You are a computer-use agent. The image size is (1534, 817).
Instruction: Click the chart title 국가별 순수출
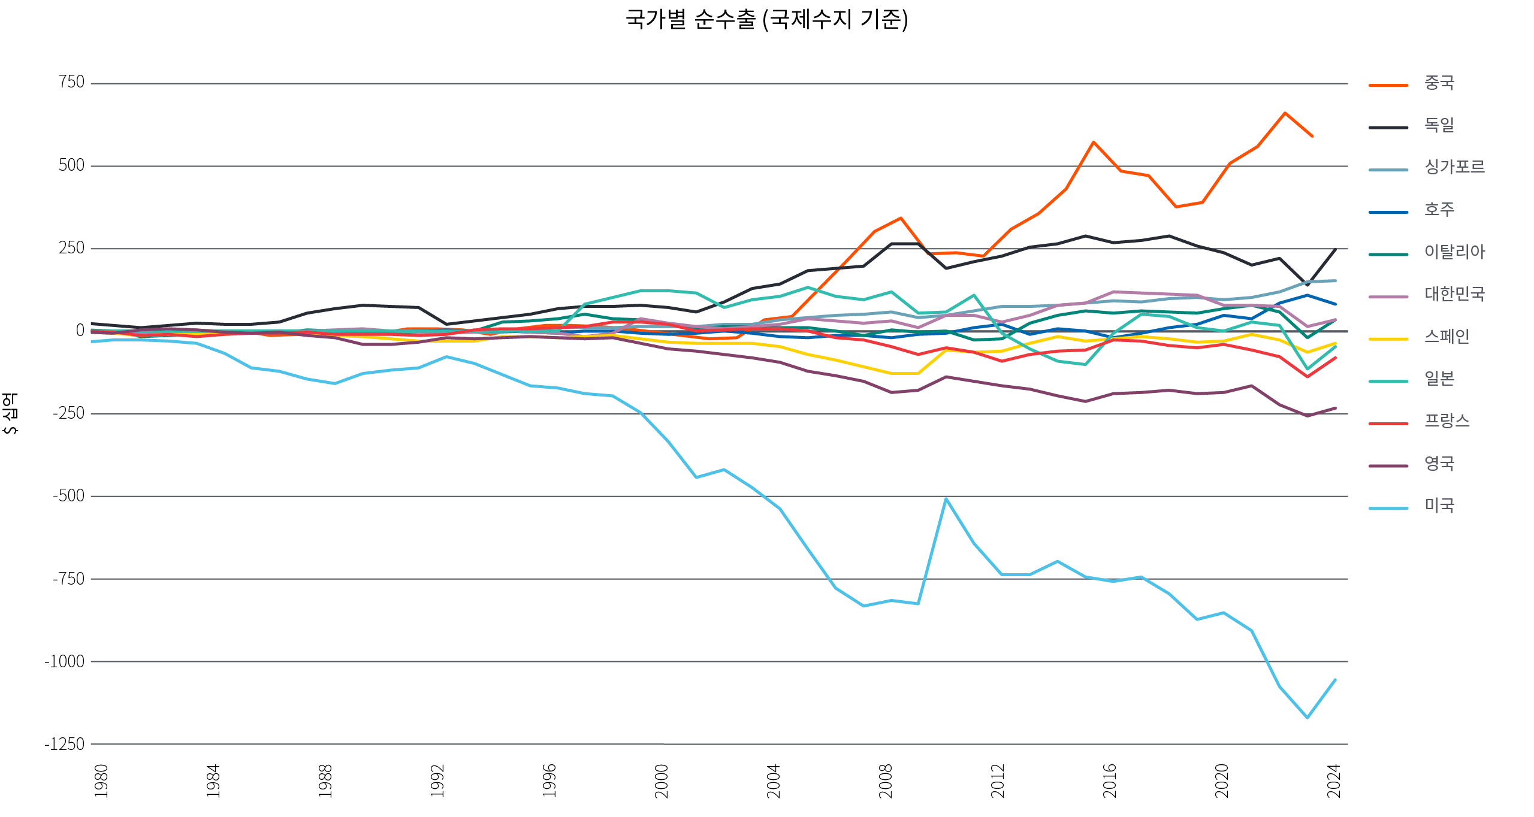[766, 19]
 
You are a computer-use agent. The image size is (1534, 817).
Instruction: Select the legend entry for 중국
[1439, 83]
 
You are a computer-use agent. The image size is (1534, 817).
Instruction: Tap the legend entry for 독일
[1439, 125]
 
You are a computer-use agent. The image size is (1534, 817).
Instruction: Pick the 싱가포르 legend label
[1454, 167]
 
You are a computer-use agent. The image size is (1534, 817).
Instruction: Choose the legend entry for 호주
[1439, 210]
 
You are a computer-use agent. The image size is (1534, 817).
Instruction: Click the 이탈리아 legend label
[1454, 252]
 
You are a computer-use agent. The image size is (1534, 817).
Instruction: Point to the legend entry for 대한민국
[1454, 294]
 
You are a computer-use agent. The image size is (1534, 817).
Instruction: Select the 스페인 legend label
[1447, 337]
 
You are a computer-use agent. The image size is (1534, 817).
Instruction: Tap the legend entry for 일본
[1439, 379]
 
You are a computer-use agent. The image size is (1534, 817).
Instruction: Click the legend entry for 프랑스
[1447, 421]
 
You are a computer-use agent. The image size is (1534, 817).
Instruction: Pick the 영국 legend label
[1439, 464]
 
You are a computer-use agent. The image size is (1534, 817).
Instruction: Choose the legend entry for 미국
[1439, 506]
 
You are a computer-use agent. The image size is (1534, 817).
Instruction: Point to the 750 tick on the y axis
[71, 82]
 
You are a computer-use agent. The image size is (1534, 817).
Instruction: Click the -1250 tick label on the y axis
[64, 744]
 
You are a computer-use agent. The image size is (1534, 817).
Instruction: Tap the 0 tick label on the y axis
[80, 330]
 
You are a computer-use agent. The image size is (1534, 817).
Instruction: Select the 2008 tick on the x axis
[885, 781]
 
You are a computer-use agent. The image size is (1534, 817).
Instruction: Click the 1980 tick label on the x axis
[101, 781]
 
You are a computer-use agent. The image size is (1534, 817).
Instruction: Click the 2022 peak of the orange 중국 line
[1285, 113]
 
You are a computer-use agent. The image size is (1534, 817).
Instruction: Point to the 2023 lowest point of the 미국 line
[1307, 717]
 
